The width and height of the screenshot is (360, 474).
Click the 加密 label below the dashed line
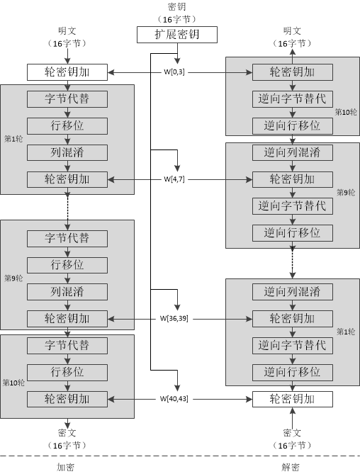66,467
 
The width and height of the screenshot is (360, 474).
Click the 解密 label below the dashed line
291,467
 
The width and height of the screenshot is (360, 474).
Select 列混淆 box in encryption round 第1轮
67,152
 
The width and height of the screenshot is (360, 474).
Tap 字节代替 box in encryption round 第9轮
67,237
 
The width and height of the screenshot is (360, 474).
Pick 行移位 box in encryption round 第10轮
67,372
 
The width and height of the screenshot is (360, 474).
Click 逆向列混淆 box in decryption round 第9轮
293,152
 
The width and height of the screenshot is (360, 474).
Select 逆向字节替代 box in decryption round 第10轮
293,98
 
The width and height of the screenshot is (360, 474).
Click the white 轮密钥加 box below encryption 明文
67,72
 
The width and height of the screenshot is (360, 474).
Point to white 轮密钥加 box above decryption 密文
293,399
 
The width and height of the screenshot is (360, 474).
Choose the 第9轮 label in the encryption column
12,278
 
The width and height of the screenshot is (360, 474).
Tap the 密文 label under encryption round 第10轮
67,431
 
